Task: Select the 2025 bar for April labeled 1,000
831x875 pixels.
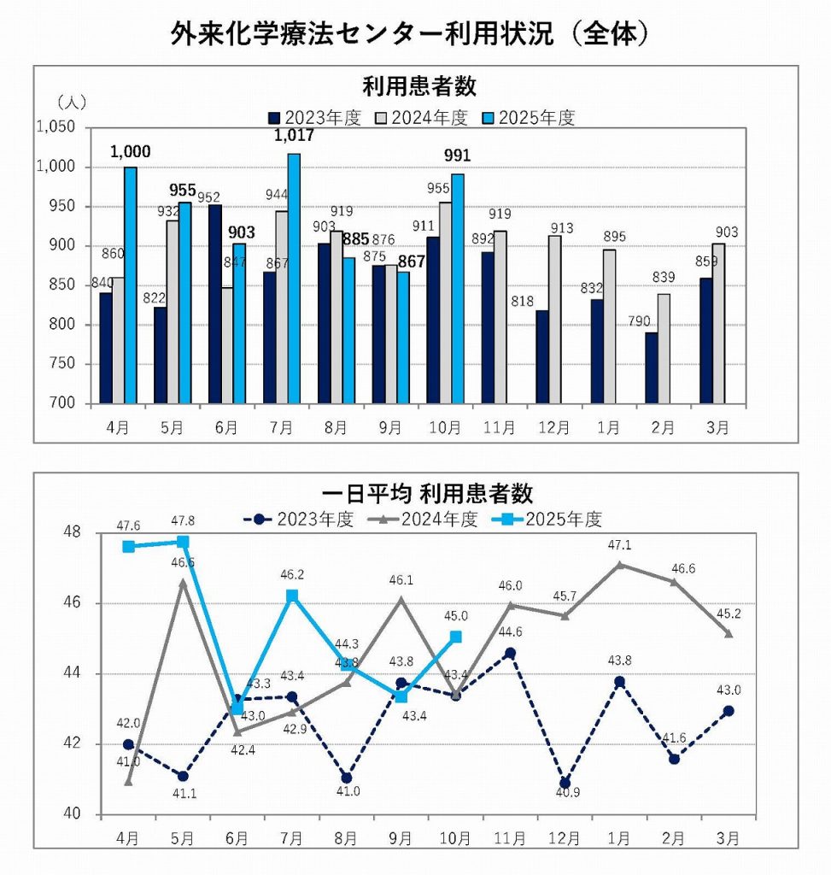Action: tap(130, 285)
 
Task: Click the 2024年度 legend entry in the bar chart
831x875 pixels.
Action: tap(421, 118)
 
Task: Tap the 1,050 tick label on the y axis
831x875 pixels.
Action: tap(56, 127)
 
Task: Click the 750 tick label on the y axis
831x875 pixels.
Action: tap(63, 364)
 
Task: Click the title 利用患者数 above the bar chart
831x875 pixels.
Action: tap(418, 87)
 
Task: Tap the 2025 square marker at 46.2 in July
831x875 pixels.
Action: tap(292, 596)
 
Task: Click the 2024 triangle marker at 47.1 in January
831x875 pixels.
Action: tap(619, 565)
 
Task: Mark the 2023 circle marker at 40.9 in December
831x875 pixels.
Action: tap(565, 783)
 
